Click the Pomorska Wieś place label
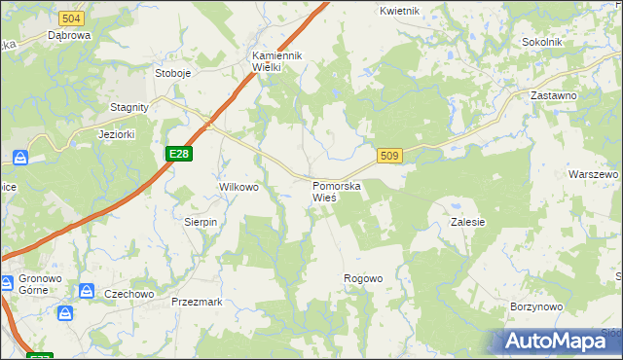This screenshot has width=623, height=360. pyautogui.click(x=338, y=191)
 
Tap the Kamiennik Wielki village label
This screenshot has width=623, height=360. pyautogui.click(x=279, y=61)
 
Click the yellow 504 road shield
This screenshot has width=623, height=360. pyautogui.click(x=70, y=18)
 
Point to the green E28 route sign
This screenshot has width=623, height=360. pyautogui.click(x=178, y=154)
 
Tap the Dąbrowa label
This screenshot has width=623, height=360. pyautogui.click(x=69, y=35)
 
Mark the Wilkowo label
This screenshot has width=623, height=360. pyautogui.click(x=238, y=187)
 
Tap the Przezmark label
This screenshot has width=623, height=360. pyautogui.click(x=197, y=302)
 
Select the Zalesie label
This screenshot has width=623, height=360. pyautogui.click(x=468, y=222)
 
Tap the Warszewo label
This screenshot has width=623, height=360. pyautogui.click(x=593, y=173)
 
